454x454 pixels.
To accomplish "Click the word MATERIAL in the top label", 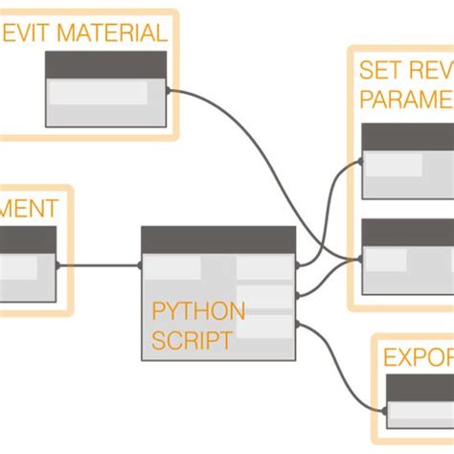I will point(112,34).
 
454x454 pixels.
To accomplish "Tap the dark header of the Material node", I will point(105,64).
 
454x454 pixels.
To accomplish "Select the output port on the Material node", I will point(169,92).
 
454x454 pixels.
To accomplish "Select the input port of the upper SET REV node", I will point(362,162).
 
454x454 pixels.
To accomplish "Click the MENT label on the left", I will point(29,208).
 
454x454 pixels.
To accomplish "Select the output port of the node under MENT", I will point(57,265).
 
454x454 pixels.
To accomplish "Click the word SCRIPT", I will point(192,339).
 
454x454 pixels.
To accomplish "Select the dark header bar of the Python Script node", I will point(218,239).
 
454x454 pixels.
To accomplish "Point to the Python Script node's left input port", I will point(142,265).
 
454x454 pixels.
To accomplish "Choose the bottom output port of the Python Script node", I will point(298,325).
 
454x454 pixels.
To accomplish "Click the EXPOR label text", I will point(418,358).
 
